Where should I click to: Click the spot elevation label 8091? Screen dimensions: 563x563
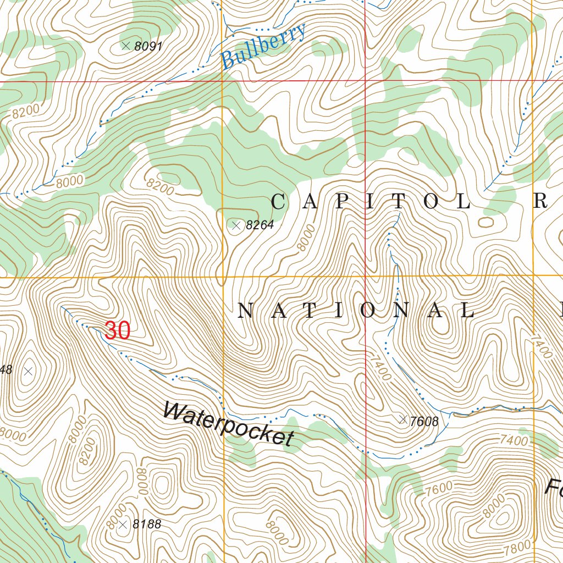148,47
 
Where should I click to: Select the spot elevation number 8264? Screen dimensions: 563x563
260,225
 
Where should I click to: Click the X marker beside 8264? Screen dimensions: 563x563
236,225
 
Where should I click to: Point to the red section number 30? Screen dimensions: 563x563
117,331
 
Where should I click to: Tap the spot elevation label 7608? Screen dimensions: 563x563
424,422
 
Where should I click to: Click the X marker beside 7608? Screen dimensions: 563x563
404,420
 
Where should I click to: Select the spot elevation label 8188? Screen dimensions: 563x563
147,525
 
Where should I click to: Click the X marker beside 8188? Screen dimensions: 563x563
123,525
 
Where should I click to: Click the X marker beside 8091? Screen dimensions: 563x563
126,46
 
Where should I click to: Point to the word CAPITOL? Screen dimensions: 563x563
372,202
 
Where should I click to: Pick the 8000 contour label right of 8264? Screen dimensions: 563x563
306,238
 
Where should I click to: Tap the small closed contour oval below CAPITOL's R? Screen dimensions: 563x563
486,222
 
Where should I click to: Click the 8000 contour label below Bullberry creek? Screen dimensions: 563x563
69,181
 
